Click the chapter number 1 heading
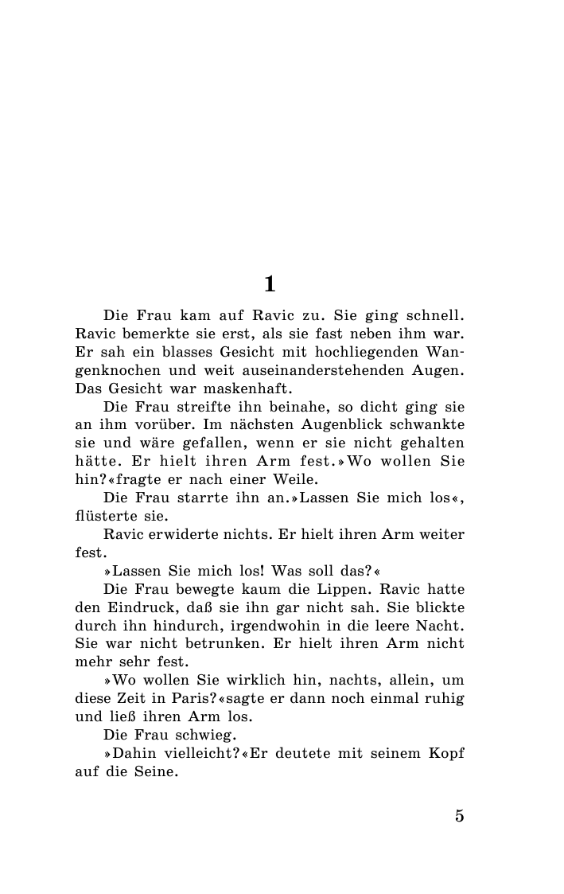click(270, 283)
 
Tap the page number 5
click(459, 815)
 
